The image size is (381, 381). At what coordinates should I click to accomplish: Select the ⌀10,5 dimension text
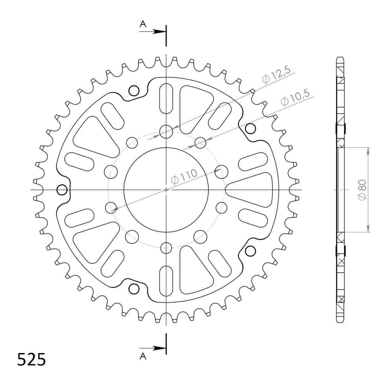pos(295,98)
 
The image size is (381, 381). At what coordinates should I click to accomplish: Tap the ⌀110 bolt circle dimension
pos(184,177)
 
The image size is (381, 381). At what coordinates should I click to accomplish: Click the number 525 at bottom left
pos(32,359)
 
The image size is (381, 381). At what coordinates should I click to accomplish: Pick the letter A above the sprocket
pos(143,24)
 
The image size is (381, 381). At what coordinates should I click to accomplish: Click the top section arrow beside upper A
pos(152,31)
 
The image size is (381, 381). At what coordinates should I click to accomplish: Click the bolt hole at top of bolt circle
pos(166,131)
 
